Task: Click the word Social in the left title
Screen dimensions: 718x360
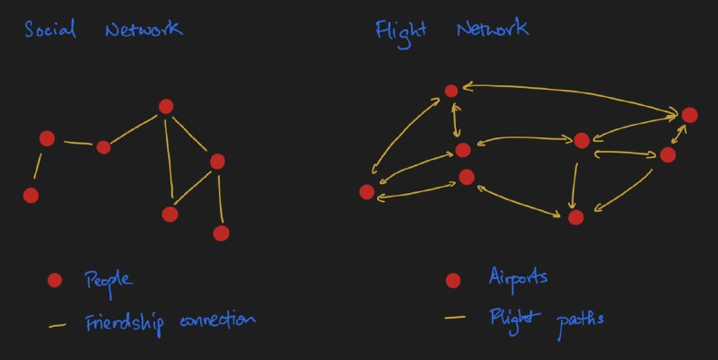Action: [x=50, y=30]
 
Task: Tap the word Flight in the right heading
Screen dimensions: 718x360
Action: [x=400, y=33]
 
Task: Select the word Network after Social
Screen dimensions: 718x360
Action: [x=144, y=29]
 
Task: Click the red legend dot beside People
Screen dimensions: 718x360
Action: [x=55, y=280]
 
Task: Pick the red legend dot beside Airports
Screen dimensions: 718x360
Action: [x=453, y=280]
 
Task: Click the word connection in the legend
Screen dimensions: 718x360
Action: [x=217, y=320]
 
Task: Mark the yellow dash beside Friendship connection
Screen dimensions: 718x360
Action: [x=57, y=326]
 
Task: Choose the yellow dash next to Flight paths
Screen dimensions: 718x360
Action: [x=455, y=317]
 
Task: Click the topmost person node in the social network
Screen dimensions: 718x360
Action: [x=166, y=106]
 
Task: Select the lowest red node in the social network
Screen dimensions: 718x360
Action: [x=221, y=233]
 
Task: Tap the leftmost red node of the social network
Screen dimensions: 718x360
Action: [x=31, y=196]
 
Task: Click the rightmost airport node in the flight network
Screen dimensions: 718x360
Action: [x=689, y=115]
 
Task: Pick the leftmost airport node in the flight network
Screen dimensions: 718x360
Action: [x=367, y=192]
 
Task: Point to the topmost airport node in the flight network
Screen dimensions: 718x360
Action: [x=451, y=92]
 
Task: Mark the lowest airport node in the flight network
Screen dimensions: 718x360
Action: [x=575, y=217]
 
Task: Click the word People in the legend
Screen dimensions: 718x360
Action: [x=109, y=281]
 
